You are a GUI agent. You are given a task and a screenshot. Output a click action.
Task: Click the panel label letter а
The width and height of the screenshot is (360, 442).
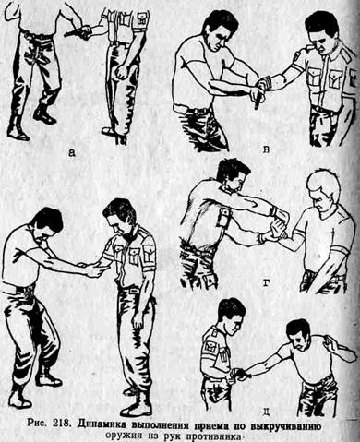pos(71,152)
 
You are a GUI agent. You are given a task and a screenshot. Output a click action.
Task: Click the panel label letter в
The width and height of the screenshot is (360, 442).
pos(267,149)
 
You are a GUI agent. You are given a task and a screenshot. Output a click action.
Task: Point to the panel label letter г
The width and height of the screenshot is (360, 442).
pos(267,281)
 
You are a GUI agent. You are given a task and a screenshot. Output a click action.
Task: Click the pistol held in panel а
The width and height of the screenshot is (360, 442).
pos(77,32)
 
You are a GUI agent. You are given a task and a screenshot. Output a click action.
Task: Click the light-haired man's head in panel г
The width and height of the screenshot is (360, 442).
pos(322,189)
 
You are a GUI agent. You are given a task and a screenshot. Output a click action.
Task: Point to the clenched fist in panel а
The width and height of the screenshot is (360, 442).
pos(123,72)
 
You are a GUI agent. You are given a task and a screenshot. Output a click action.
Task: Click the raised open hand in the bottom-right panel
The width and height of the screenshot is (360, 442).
pos(331,343)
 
